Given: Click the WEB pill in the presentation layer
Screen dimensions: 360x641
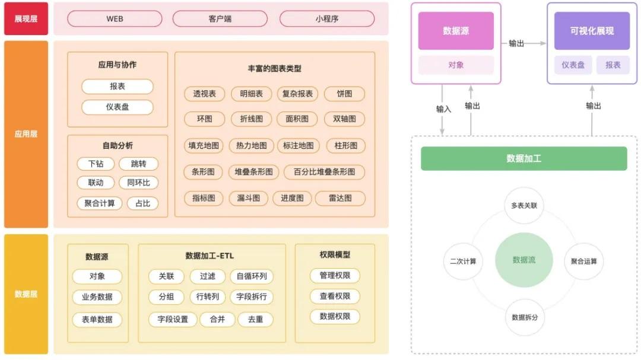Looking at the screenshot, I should (115, 18).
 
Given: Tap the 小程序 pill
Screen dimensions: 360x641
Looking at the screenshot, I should (326, 18).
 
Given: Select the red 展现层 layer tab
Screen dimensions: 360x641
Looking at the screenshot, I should (26, 18).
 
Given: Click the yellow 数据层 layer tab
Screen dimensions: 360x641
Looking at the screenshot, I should (26, 294).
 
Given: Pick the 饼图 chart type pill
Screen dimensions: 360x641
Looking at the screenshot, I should (344, 94).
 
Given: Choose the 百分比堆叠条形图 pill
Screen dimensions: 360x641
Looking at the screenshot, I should (324, 172).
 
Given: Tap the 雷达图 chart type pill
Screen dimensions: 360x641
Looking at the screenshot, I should (340, 198).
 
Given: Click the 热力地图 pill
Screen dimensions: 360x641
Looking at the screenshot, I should (251, 145).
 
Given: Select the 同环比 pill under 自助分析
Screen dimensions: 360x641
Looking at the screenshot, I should (138, 183).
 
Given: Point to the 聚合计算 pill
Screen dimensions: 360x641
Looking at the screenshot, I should (99, 203).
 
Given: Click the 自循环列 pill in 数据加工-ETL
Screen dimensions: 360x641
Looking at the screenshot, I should (252, 276).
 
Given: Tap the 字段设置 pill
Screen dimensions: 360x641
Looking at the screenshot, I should (173, 319).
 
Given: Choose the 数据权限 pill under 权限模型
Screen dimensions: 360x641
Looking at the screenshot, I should (335, 316).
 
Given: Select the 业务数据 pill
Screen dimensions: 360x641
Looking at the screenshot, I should (97, 297).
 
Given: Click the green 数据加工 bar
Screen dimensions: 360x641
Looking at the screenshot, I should (523, 158).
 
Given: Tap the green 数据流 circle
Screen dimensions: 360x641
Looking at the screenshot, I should (523, 260).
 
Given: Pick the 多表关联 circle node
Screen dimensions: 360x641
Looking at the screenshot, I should (523, 206).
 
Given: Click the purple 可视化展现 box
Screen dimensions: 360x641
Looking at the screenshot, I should (592, 31).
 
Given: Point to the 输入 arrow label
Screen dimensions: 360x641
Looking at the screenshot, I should (443, 109).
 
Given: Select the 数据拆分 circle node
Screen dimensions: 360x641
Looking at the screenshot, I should (524, 317).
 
